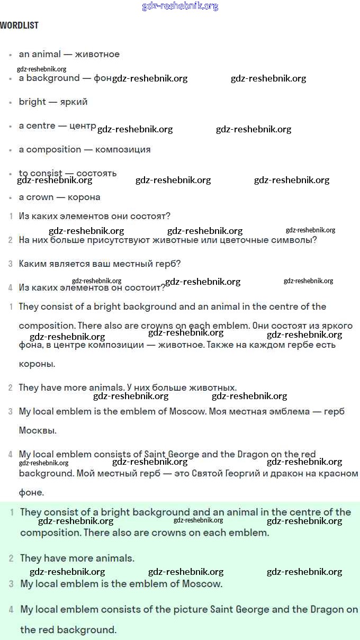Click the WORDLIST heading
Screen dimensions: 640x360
click(x=19, y=25)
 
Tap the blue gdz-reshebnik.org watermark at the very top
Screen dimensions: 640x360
click(x=180, y=6)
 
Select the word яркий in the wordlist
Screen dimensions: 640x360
click(x=74, y=102)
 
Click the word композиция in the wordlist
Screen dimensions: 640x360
click(x=123, y=149)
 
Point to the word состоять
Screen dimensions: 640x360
click(x=96, y=173)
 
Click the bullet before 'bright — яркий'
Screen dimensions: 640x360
click(x=10, y=102)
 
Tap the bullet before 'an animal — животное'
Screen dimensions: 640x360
click(x=10, y=55)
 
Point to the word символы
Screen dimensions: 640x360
click(x=299, y=240)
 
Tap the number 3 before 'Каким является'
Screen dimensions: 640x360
click(x=10, y=264)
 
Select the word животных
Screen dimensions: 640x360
click(x=214, y=387)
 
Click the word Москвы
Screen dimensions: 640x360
click(x=38, y=430)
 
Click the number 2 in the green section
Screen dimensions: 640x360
click(x=11, y=558)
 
